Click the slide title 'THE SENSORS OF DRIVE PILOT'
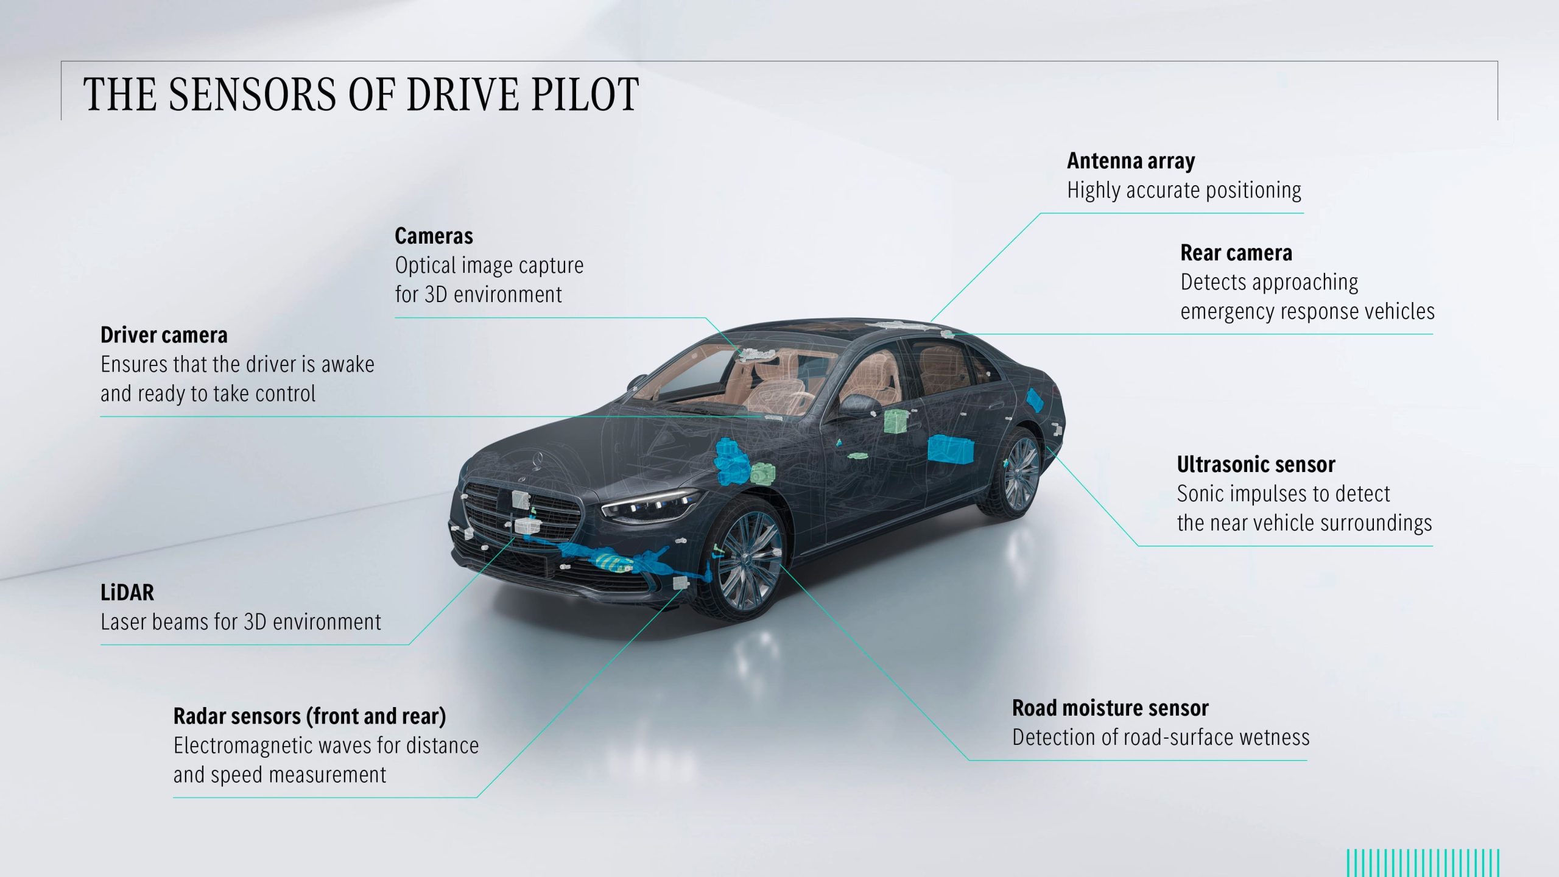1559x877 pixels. point(361,94)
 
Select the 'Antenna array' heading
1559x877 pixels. point(1131,161)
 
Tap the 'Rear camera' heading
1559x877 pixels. point(1236,253)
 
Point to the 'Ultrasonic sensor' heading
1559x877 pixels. point(1256,465)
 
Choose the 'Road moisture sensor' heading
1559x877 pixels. point(1110,708)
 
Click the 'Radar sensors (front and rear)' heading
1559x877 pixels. point(309,717)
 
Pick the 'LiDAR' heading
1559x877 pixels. point(127,593)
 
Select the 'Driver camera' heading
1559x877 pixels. point(164,335)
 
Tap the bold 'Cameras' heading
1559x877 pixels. point(434,236)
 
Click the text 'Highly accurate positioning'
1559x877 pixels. point(1184,190)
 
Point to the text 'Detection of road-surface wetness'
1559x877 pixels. point(1161,738)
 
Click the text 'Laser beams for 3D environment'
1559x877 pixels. point(241,622)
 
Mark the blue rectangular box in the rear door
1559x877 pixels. point(949,448)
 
